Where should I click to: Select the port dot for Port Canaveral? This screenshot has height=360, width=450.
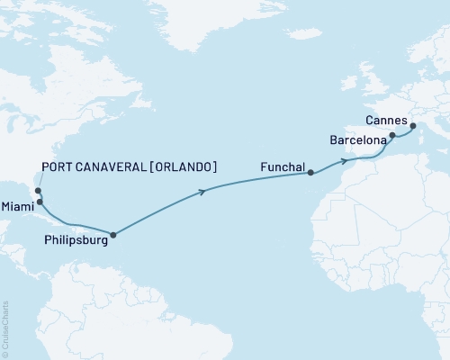(37, 190)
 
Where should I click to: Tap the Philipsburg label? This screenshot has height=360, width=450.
(75, 240)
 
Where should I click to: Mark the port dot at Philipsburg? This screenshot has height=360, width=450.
(112, 235)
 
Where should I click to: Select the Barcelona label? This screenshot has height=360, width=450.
(360, 141)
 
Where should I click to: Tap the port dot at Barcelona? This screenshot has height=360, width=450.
(392, 135)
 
